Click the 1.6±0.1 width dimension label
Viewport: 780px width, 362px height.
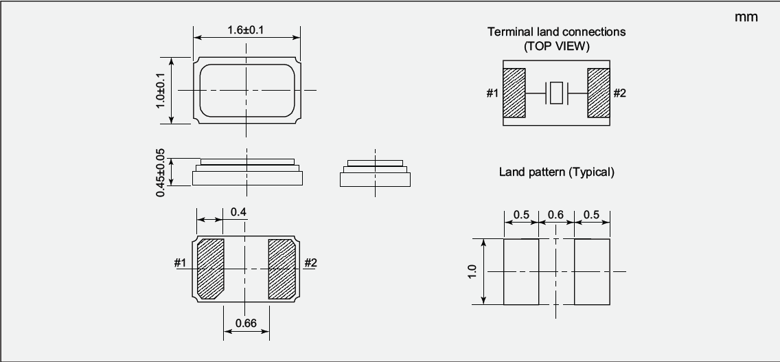point(246,30)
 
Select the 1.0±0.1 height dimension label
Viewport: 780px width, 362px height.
point(160,90)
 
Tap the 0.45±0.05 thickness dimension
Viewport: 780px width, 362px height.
point(160,172)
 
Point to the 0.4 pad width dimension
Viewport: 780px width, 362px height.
point(238,212)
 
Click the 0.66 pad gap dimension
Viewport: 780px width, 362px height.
point(246,324)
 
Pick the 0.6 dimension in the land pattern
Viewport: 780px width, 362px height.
point(555,214)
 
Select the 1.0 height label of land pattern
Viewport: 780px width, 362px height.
point(472,271)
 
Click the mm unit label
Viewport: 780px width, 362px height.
point(746,17)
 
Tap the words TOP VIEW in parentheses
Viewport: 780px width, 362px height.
point(557,46)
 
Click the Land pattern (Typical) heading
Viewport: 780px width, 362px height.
point(557,172)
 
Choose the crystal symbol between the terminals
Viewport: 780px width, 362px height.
point(556,93)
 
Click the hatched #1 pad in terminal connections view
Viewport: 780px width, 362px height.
point(514,93)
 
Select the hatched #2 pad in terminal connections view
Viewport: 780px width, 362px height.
point(599,93)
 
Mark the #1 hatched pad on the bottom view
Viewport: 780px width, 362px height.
point(210,269)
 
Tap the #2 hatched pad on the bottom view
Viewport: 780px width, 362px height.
point(282,269)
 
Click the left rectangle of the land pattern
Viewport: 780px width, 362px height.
point(521,272)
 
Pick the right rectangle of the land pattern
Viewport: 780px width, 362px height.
point(592,272)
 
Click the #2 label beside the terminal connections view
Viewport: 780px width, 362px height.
point(620,93)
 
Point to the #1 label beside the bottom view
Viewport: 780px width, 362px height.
point(180,262)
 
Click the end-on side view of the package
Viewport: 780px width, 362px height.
point(375,173)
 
